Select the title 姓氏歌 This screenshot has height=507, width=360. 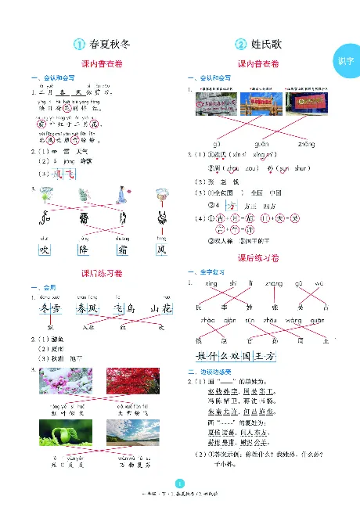271,45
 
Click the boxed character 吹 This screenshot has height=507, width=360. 44,251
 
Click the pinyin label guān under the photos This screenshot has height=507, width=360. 261,143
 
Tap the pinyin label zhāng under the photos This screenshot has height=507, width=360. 307,143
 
